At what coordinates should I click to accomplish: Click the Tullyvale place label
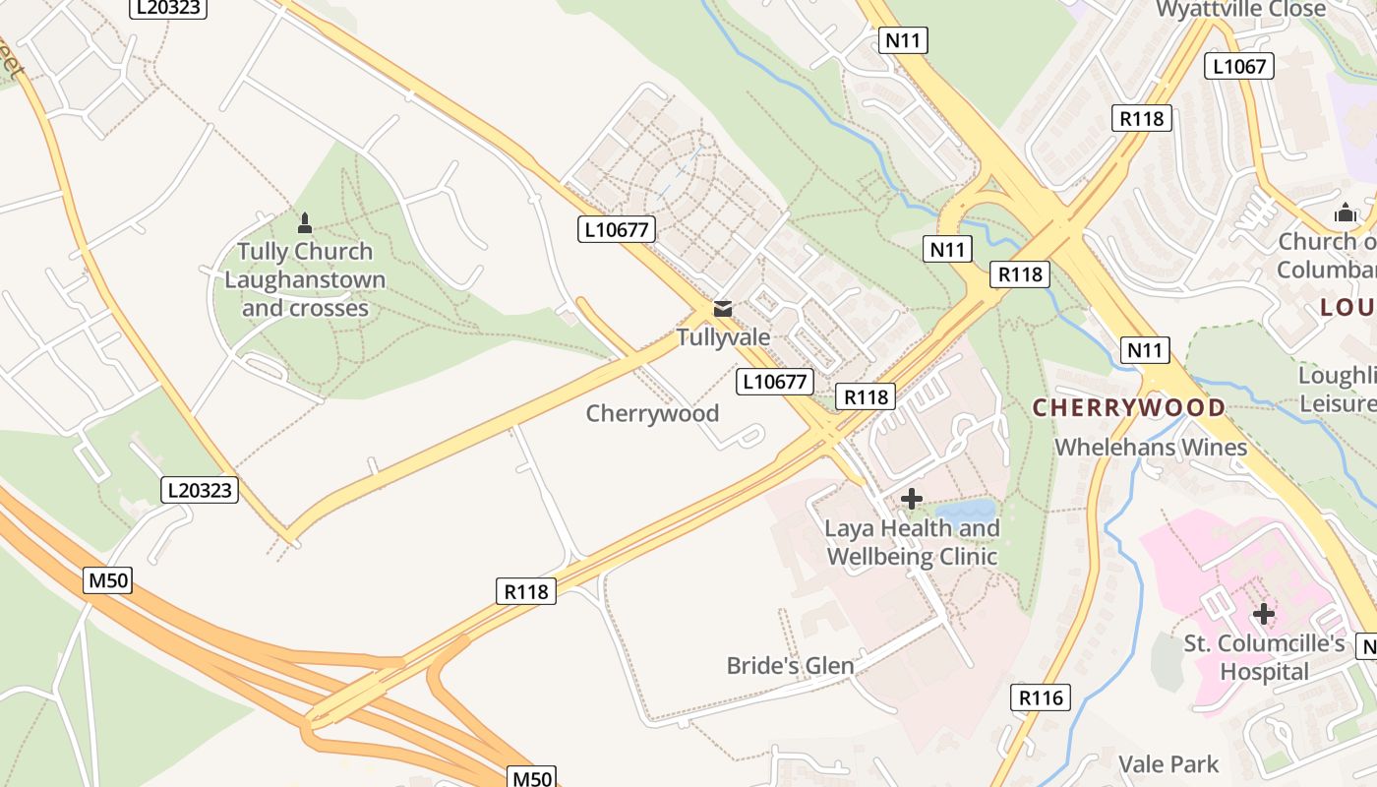point(723,337)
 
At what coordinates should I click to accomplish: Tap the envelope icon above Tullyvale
point(723,309)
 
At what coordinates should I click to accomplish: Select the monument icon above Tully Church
point(305,223)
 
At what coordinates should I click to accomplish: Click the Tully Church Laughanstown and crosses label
point(305,279)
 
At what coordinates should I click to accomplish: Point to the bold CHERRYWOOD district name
point(1129,407)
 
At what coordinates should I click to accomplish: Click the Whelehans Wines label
point(1151,448)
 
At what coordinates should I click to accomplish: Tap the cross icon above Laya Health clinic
point(912,499)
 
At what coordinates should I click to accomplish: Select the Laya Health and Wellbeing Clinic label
point(912,542)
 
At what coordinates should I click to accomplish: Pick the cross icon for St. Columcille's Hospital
point(1263,615)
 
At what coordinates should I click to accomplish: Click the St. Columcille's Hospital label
point(1263,658)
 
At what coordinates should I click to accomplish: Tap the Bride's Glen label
point(791,666)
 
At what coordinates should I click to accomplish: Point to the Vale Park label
point(1168,764)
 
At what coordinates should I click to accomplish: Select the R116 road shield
point(1041,698)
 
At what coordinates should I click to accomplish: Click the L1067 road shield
point(1239,67)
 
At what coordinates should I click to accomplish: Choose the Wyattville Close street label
point(1241,9)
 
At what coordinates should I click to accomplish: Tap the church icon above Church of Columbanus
point(1345,212)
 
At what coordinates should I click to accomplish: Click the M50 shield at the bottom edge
point(531,778)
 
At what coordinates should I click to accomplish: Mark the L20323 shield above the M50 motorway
point(201,490)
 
